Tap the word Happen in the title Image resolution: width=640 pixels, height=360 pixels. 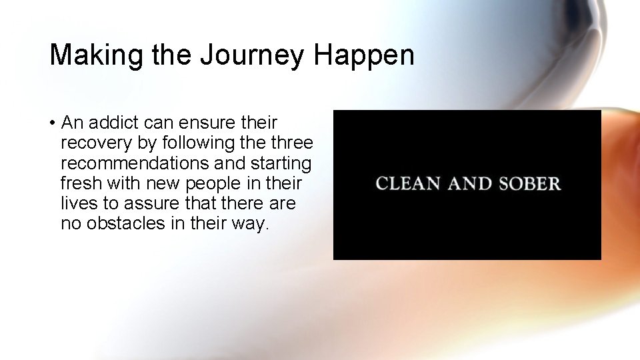365,55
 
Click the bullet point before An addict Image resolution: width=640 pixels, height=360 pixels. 51,123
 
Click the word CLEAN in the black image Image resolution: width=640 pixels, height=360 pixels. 409,183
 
